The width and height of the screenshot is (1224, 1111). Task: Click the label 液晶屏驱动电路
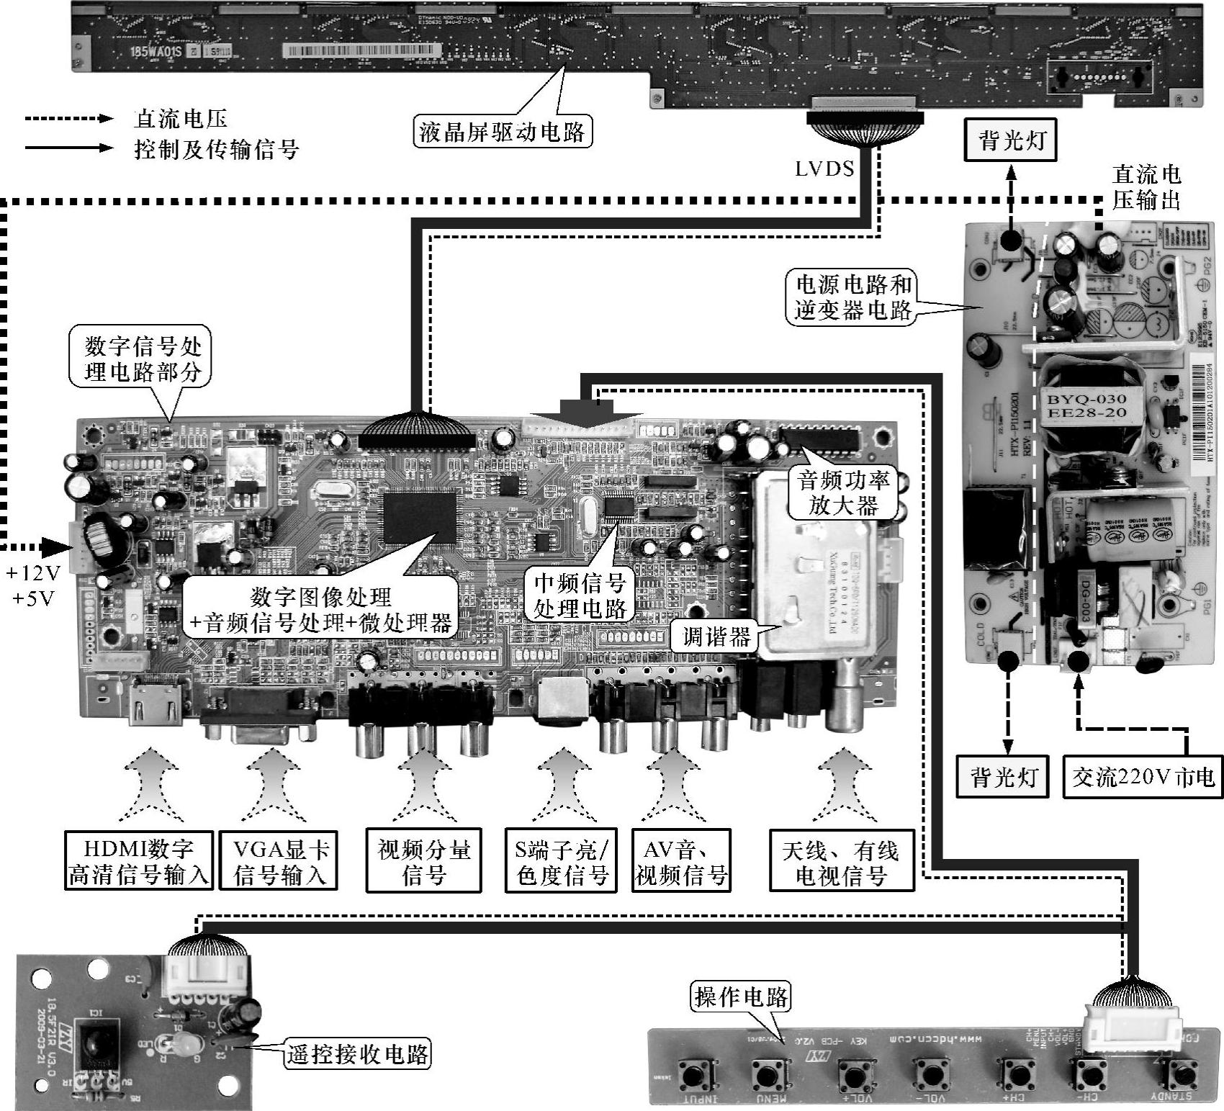point(502,131)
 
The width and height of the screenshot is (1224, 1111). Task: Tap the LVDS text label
point(824,168)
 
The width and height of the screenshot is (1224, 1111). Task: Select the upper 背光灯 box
point(1012,140)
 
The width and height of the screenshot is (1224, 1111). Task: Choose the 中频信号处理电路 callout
point(580,595)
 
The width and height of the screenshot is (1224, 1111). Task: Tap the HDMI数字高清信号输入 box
point(139,862)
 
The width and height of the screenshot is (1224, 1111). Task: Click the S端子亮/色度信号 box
point(561,862)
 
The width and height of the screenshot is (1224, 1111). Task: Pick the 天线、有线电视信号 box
point(841,862)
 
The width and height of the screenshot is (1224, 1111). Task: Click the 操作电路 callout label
point(740,997)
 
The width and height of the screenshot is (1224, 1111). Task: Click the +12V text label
point(34,574)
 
